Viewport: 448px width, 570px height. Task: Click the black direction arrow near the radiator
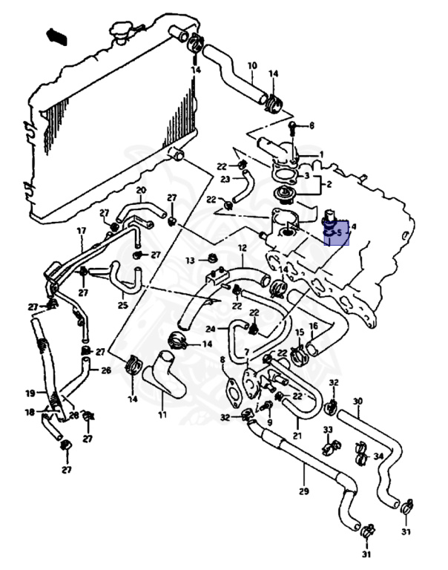pos(56,35)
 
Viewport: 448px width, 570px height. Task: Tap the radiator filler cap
pos(121,30)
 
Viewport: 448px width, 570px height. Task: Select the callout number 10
pos(251,65)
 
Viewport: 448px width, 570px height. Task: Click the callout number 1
pos(321,154)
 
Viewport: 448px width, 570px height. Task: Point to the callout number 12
pos(242,247)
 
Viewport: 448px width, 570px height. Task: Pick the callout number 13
pos(191,261)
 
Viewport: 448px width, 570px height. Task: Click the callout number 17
pos(82,231)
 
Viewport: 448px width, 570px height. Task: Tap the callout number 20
pos(140,191)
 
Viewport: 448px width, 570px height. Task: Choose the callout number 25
pos(122,305)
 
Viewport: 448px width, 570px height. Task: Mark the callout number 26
pos(105,370)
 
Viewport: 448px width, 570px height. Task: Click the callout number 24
pos(211,328)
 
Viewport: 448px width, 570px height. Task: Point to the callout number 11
pos(162,414)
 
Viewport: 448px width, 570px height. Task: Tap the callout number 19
pos(30,393)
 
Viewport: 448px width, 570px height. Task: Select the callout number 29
pos(303,491)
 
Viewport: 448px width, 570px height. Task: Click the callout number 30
pos(358,402)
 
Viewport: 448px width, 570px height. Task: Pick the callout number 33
pos(327,430)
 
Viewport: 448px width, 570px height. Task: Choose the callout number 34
pos(378,456)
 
